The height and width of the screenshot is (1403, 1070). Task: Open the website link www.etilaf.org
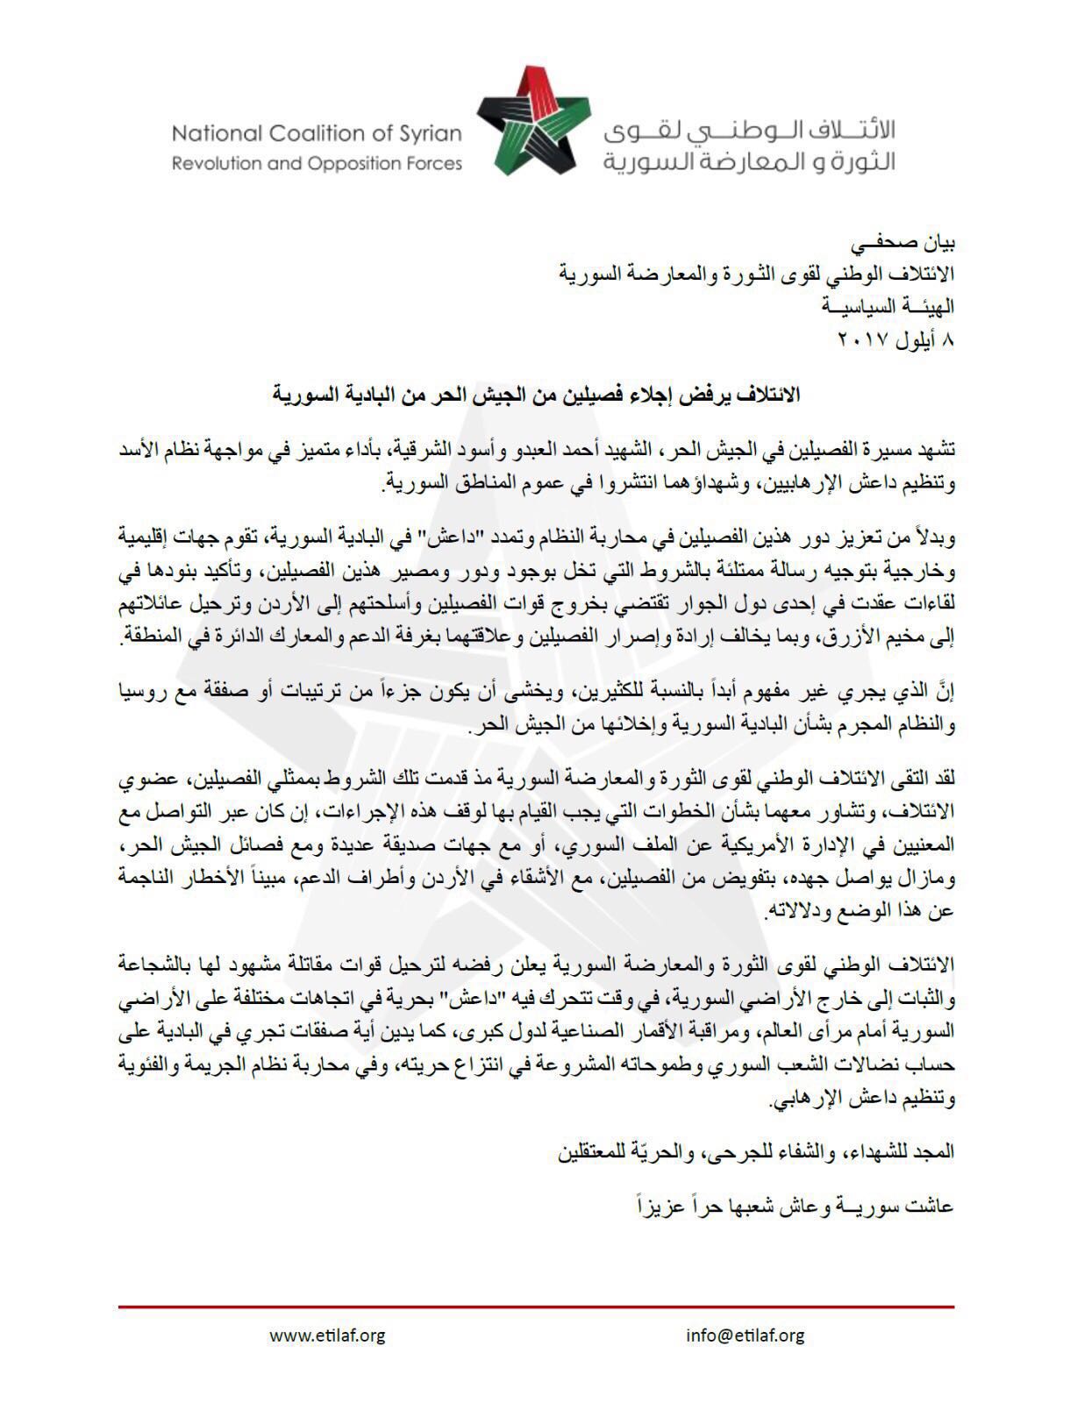[x=328, y=1335]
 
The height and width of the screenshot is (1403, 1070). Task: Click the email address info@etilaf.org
[x=745, y=1335]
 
